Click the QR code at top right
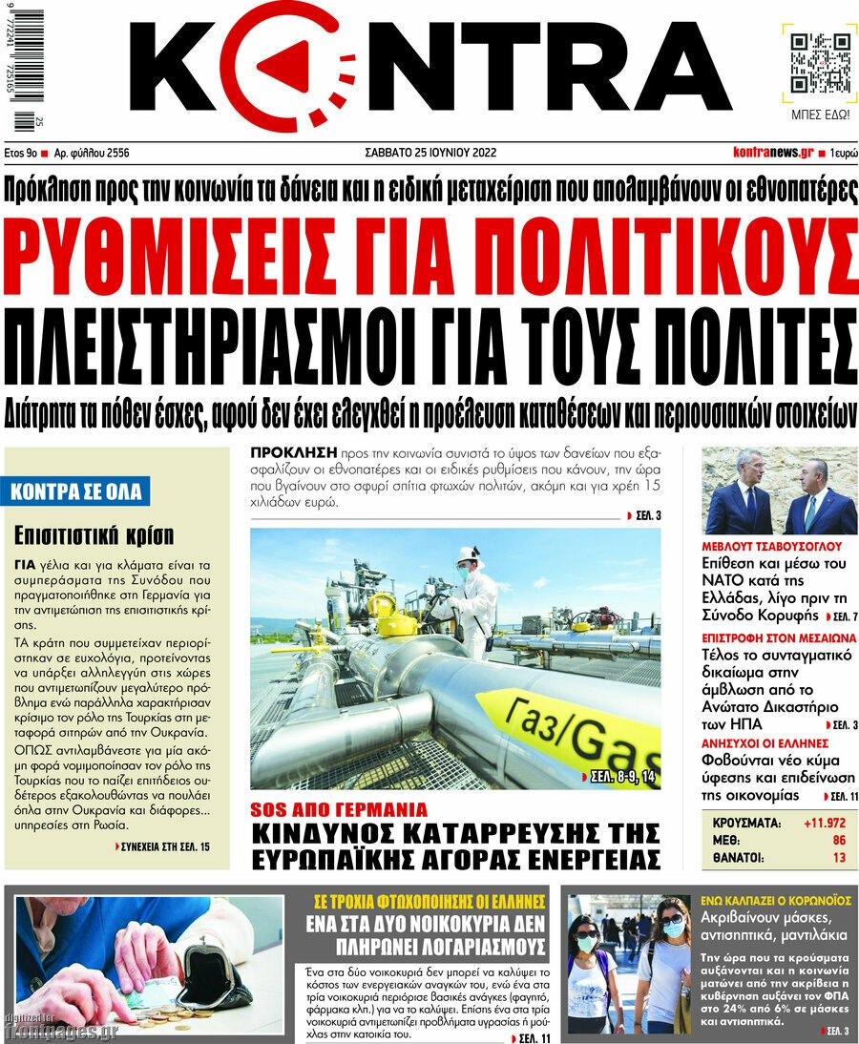[x=819, y=62]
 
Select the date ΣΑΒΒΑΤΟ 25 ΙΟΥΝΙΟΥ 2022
[x=430, y=153]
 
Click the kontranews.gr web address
[x=772, y=153]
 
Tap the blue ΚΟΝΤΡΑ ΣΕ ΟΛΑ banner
[x=76, y=492]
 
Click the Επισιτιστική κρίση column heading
[x=92, y=533]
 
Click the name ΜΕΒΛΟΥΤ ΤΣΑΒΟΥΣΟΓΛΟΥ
[x=771, y=547]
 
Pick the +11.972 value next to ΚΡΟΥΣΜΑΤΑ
[x=824, y=823]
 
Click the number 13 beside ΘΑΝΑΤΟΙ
[x=838, y=858]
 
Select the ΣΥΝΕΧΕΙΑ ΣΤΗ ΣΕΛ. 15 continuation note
[x=163, y=846]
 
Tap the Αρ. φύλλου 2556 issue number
[x=92, y=153]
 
